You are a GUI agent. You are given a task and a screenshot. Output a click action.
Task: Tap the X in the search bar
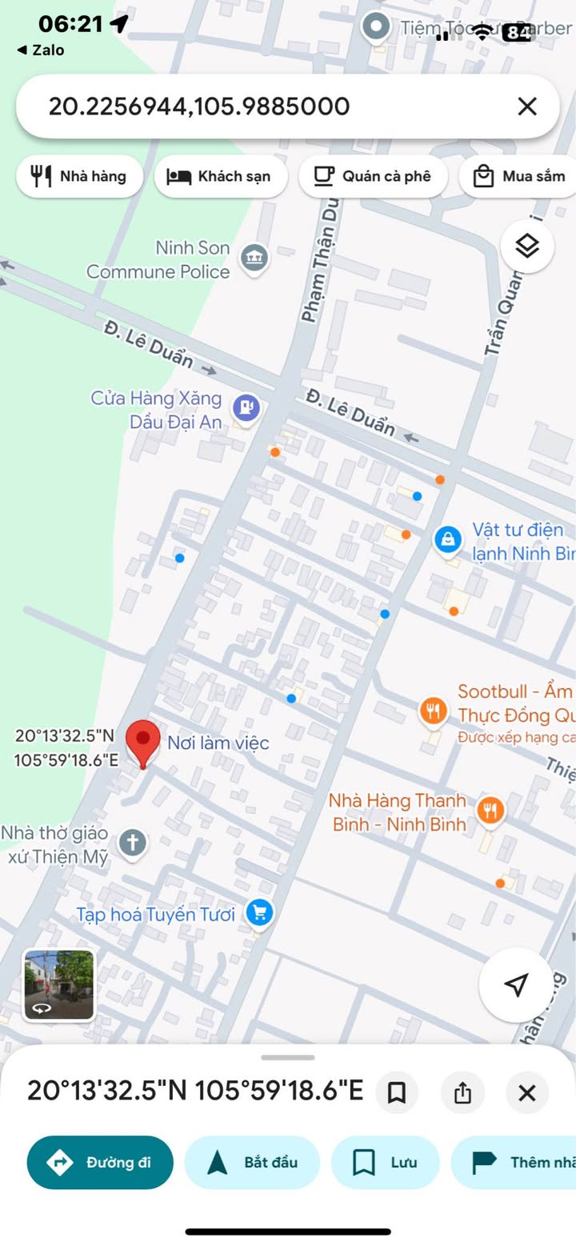pyautogui.click(x=527, y=106)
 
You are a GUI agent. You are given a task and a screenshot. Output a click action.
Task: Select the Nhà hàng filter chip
pyautogui.click(x=79, y=176)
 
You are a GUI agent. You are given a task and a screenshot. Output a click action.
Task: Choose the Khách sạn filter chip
pyautogui.click(x=220, y=176)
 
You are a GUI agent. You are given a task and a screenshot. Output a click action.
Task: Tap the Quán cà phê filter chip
pyautogui.click(x=372, y=176)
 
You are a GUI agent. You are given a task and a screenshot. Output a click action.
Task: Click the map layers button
pyautogui.click(x=527, y=246)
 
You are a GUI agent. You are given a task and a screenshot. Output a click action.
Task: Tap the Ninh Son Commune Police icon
pyautogui.click(x=254, y=258)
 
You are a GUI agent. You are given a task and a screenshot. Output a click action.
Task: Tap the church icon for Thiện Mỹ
pyautogui.click(x=133, y=843)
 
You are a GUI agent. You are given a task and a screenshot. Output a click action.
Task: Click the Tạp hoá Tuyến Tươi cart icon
pyautogui.click(x=259, y=911)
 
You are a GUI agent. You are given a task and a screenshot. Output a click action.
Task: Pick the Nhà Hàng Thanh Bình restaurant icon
pyautogui.click(x=490, y=811)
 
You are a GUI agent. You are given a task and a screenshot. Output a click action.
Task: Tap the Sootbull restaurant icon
pyautogui.click(x=433, y=711)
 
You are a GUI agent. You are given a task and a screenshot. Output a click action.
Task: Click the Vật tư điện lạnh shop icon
pyautogui.click(x=448, y=539)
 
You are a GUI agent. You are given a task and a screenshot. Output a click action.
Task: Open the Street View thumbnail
pyautogui.click(x=58, y=985)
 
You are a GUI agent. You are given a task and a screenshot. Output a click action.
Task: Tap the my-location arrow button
pyautogui.click(x=517, y=985)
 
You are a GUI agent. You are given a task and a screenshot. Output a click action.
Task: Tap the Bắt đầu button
pyautogui.click(x=252, y=1162)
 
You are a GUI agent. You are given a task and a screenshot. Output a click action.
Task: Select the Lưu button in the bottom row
pyautogui.click(x=386, y=1162)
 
